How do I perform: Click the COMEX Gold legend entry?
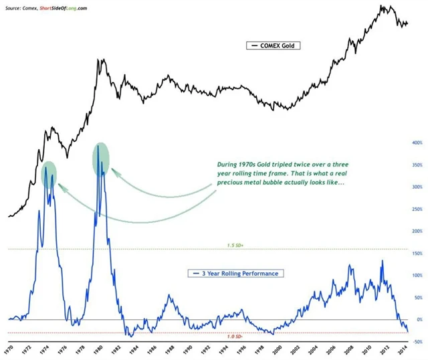click(274, 46)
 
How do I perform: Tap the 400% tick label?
click(415, 143)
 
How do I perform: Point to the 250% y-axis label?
click(415, 209)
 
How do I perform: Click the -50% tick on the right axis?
click(415, 341)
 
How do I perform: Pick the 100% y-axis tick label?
click(415, 275)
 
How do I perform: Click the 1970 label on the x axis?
click(8, 349)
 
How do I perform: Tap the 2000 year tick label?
click(276, 349)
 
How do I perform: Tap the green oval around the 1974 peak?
click(49, 175)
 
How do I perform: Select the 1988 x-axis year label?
click(170, 349)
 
